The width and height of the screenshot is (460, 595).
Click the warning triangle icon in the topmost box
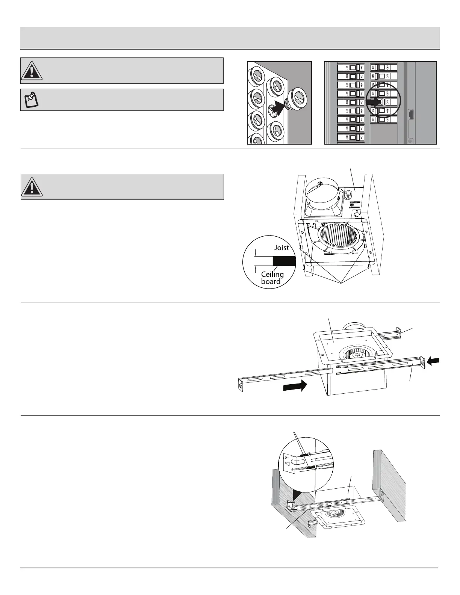(x=32, y=71)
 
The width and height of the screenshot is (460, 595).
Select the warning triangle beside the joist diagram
(x=32, y=187)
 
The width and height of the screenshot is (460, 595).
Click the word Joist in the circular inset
(x=281, y=248)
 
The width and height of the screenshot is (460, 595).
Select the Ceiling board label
(x=272, y=278)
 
